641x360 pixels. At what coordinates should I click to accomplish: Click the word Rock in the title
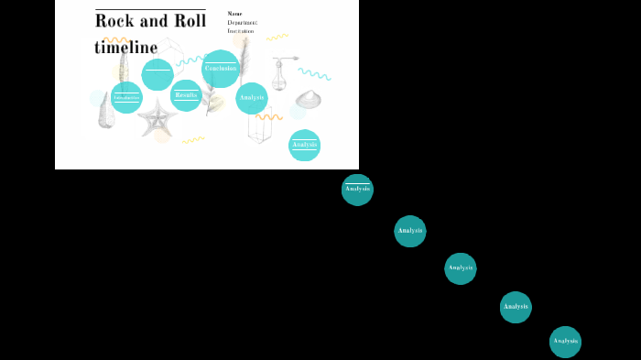(114, 21)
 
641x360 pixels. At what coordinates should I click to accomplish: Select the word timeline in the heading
(125, 48)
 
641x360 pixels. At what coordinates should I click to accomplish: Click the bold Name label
(234, 14)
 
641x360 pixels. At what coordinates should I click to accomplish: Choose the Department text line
(243, 22)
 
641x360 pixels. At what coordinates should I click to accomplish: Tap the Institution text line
(241, 31)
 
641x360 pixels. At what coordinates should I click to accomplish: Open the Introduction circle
(126, 97)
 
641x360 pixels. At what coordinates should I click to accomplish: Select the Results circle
(186, 95)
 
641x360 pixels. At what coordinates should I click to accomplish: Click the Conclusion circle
(220, 69)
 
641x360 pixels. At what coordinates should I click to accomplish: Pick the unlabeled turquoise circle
(158, 74)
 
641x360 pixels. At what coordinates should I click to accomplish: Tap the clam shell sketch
(309, 98)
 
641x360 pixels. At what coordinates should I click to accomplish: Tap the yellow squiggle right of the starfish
(192, 140)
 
